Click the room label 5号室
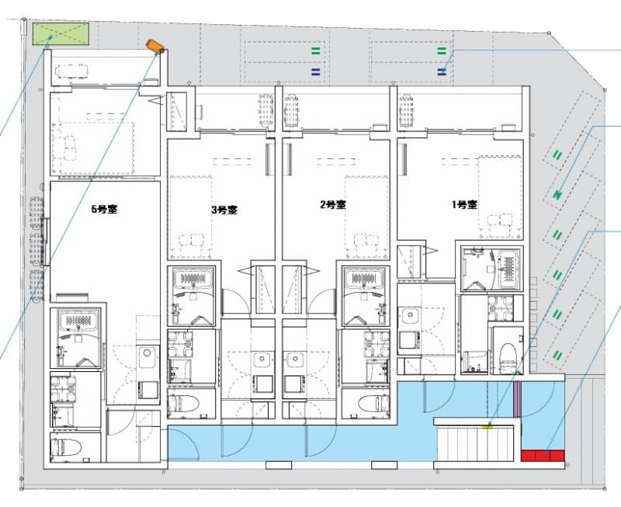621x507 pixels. click(105, 209)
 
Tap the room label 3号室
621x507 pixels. click(224, 210)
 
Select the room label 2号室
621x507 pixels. click(333, 205)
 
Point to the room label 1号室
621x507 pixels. click(464, 205)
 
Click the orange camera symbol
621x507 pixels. click(155, 47)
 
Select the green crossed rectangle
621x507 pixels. click(61, 34)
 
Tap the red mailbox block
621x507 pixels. click(543, 456)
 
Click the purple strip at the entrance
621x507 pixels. click(517, 399)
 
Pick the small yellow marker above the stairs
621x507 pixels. click(487, 426)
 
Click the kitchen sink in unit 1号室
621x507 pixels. click(411, 316)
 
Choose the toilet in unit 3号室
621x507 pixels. click(186, 404)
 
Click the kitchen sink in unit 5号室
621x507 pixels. click(148, 353)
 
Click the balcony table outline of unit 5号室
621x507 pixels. click(72, 71)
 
